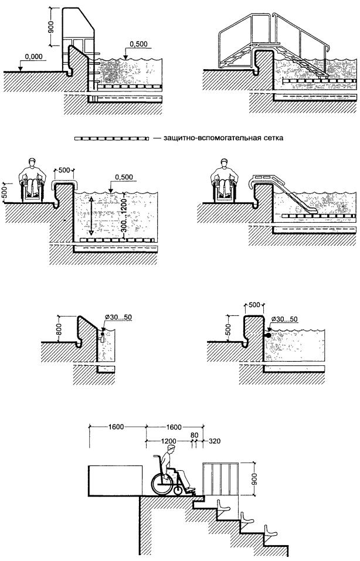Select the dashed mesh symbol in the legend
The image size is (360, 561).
[110, 140]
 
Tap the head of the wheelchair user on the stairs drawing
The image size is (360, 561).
[171, 450]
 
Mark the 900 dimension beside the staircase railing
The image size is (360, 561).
[253, 478]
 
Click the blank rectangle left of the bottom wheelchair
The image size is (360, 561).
[115, 480]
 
